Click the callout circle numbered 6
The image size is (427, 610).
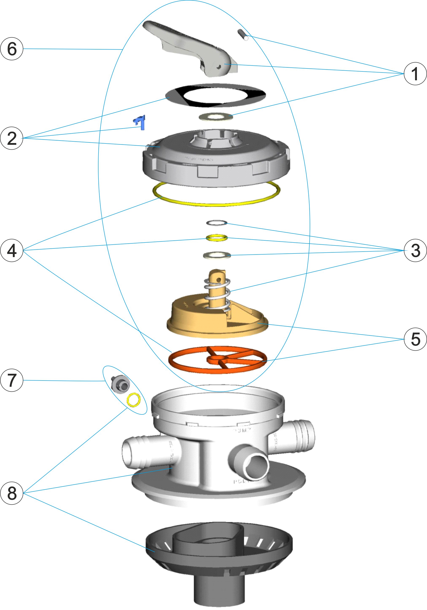12,49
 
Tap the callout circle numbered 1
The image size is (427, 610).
415,74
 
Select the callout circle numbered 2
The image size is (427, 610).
12,138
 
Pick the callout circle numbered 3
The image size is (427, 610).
415,250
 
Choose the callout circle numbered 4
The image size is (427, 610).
12,250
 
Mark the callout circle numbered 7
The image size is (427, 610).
12,380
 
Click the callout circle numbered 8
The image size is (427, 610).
12,493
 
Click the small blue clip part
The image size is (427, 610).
140,122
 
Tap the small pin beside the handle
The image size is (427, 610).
243,35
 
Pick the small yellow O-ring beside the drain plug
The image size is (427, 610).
133,400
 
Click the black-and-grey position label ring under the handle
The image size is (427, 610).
215,95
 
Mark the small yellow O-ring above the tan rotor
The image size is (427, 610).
217,237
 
